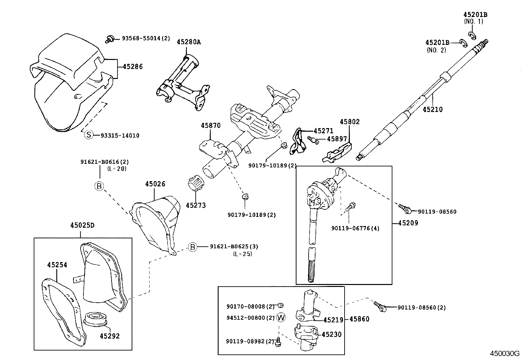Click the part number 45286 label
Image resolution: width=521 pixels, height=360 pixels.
133,66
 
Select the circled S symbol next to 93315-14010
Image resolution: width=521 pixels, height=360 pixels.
88,135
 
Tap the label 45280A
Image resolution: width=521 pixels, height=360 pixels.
189,42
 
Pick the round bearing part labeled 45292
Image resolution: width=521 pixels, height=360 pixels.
96,320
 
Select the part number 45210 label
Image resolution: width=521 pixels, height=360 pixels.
432,109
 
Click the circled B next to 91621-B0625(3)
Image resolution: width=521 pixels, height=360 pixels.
193,247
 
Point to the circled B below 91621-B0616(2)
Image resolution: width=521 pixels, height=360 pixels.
99,186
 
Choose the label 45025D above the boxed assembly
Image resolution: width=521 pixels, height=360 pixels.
82,225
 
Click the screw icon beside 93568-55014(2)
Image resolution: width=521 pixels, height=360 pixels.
109,39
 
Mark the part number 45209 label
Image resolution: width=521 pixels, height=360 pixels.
408,223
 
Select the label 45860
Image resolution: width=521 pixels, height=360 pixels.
359,319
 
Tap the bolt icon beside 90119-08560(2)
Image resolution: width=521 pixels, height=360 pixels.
381,307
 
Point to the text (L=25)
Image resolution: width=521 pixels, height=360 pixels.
243,254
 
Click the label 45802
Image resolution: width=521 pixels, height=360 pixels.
350,122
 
